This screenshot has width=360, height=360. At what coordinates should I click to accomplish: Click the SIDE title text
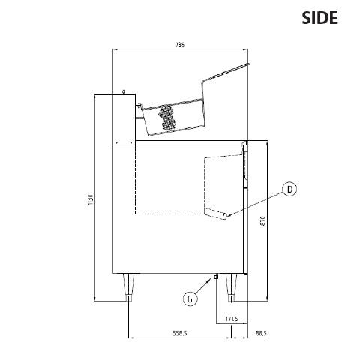click(319, 18)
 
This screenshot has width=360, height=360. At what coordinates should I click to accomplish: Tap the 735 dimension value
click(180, 45)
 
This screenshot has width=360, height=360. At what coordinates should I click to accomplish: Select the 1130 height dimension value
click(91, 200)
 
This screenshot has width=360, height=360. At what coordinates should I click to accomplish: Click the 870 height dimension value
click(262, 221)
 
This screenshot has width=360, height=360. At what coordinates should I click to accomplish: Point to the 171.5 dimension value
click(232, 319)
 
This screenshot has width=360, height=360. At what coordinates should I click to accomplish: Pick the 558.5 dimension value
click(180, 333)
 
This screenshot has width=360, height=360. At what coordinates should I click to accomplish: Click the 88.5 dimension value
click(261, 333)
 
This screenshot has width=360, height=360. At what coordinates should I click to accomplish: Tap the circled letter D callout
click(289, 189)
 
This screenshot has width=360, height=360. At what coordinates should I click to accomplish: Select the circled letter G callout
click(190, 299)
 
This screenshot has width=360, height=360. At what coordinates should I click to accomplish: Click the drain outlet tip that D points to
click(225, 217)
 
